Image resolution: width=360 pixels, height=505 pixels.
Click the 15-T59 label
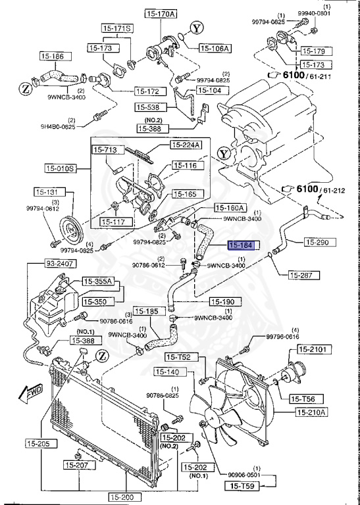[244, 486]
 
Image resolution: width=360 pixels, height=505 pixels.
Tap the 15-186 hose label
[53, 57]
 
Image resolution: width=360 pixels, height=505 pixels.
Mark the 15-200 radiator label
[122, 498]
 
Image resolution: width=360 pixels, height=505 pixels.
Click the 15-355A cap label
[99, 281]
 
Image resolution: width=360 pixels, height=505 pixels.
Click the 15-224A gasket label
[187, 145]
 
